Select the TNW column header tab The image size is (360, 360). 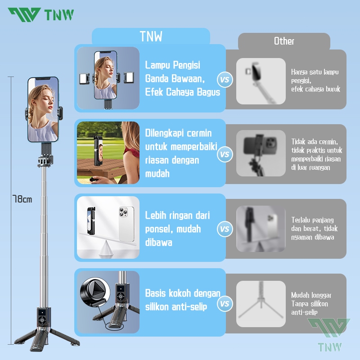pyautogui.click(x=151, y=36)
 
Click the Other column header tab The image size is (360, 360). pyautogui.click(x=284, y=41)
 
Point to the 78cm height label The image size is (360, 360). pyautogui.click(x=22, y=199)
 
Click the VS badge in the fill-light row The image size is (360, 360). pyautogui.click(x=225, y=80)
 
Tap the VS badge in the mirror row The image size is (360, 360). pyautogui.click(x=225, y=154)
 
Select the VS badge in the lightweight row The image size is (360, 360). pyautogui.click(x=225, y=229)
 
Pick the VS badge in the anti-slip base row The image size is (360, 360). pyautogui.click(x=225, y=304)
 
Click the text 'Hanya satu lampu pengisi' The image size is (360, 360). pyautogui.click(x=315, y=76)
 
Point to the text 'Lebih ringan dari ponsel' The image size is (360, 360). pyautogui.click(x=177, y=222)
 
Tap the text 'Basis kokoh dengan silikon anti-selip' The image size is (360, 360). pyautogui.click(x=182, y=300)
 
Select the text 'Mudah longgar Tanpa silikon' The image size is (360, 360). pyautogui.click(x=311, y=299)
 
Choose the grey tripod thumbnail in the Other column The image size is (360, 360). pyautogui.click(x=261, y=303)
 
